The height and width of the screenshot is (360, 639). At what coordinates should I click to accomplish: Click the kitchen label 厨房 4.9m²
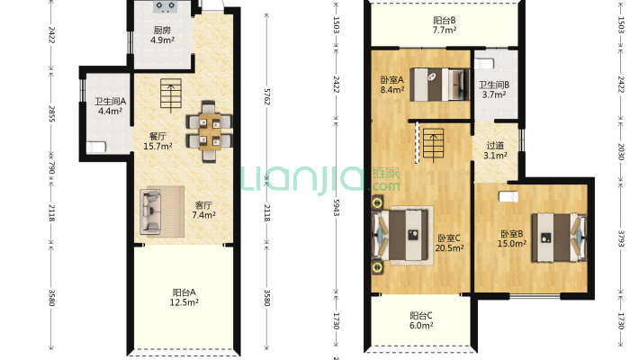point(162,35)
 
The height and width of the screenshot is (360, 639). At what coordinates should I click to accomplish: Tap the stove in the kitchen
point(165,7)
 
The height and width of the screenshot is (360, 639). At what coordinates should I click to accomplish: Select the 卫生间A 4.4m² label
point(110,106)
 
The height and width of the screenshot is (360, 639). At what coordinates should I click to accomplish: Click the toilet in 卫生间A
point(96,147)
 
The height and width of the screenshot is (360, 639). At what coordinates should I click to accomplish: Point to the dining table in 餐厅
point(210,131)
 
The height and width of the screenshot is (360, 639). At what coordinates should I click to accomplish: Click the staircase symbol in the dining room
point(171,95)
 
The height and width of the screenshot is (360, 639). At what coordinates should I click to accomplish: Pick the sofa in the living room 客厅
point(150,211)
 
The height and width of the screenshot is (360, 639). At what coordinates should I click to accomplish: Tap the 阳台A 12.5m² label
point(184,297)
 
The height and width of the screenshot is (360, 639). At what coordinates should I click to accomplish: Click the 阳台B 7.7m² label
point(445,25)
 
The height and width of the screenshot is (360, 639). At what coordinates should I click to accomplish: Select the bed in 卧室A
point(439,85)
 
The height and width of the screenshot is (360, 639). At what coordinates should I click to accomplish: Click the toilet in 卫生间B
point(484,64)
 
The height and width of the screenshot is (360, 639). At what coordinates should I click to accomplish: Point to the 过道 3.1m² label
point(495,150)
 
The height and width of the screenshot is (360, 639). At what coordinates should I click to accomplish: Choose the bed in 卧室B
point(558,238)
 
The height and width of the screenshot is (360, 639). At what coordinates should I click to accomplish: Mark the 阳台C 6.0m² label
point(421,320)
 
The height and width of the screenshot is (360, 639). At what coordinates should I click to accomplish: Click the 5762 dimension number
point(267,96)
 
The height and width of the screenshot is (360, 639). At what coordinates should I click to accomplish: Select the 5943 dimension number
point(337,208)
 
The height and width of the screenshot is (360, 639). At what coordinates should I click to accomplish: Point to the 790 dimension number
point(51,168)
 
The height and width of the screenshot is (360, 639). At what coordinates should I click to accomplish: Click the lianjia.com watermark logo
point(320,179)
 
